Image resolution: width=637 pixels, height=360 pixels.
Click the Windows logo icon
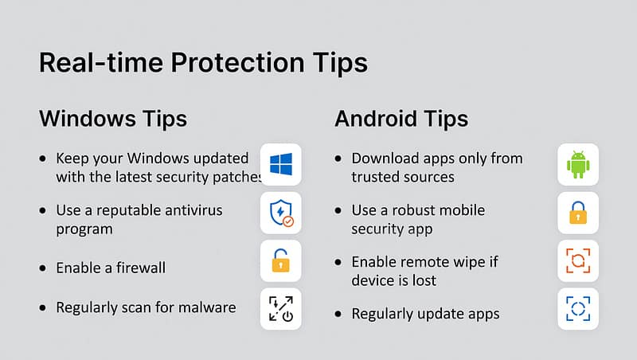tap(280, 164)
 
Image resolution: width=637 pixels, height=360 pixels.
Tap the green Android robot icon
tap(578, 164)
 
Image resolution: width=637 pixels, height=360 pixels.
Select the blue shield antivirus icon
tap(279, 212)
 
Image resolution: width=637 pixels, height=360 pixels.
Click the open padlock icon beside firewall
tap(280, 260)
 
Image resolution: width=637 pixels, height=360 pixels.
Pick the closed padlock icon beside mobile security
tap(578, 213)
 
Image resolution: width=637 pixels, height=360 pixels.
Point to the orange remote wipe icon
tap(578, 261)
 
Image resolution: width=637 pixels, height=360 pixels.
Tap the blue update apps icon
tap(578, 309)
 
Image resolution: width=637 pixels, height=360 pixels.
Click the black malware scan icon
tap(280, 309)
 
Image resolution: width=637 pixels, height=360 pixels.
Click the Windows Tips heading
tap(113, 119)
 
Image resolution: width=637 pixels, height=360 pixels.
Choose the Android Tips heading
tap(401, 119)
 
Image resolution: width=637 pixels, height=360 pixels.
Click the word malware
tap(204, 307)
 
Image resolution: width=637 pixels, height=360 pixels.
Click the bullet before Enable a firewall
tap(42, 268)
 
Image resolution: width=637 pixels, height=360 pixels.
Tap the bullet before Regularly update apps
tap(340, 314)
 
